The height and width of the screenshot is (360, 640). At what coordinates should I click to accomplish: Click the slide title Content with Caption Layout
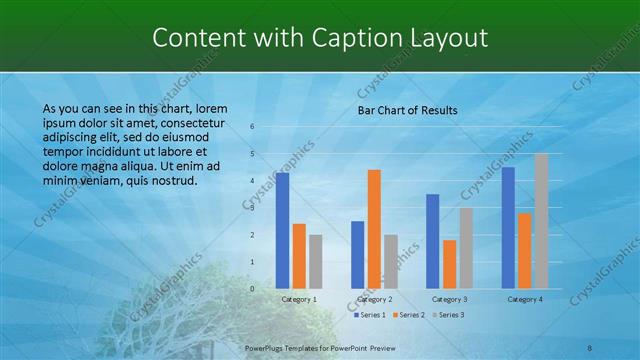[x=320, y=38]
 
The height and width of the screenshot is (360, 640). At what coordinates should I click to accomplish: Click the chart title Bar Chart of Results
[x=407, y=110]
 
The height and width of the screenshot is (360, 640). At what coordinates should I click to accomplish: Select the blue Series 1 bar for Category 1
[x=283, y=231]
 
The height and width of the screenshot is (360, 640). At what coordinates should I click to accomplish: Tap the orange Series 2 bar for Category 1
[x=299, y=256]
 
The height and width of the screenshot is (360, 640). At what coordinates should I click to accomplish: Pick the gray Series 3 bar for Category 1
[x=315, y=262]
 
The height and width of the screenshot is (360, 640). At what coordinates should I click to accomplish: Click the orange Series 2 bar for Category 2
[x=374, y=229]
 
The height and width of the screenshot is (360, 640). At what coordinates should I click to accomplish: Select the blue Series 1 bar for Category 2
[x=358, y=255]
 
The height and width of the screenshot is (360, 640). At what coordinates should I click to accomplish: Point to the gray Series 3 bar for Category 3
[x=466, y=248]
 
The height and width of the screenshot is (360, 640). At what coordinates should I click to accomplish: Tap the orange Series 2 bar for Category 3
[x=450, y=264]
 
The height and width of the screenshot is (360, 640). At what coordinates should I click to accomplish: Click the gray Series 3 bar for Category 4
[x=541, y=221]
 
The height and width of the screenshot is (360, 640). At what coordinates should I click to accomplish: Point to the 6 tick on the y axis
[x=252, y=126]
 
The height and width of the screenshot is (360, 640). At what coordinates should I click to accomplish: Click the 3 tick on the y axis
[x=252, y=208]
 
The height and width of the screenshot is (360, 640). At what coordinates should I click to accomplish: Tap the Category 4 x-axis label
[x=525, y=299]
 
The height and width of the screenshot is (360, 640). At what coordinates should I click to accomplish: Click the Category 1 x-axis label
[x=299, y=299]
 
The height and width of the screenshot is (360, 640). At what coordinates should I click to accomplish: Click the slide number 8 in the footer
[x=590, y=347]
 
